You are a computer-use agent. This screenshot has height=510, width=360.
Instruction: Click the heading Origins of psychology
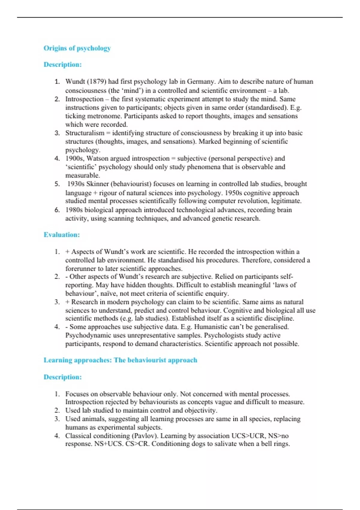pos(77,48)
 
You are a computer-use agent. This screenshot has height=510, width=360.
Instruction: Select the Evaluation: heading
pos(62,235)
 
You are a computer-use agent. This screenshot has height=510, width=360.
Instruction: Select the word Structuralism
pos(85,133)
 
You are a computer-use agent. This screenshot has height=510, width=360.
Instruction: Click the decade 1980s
pos(74,210)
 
